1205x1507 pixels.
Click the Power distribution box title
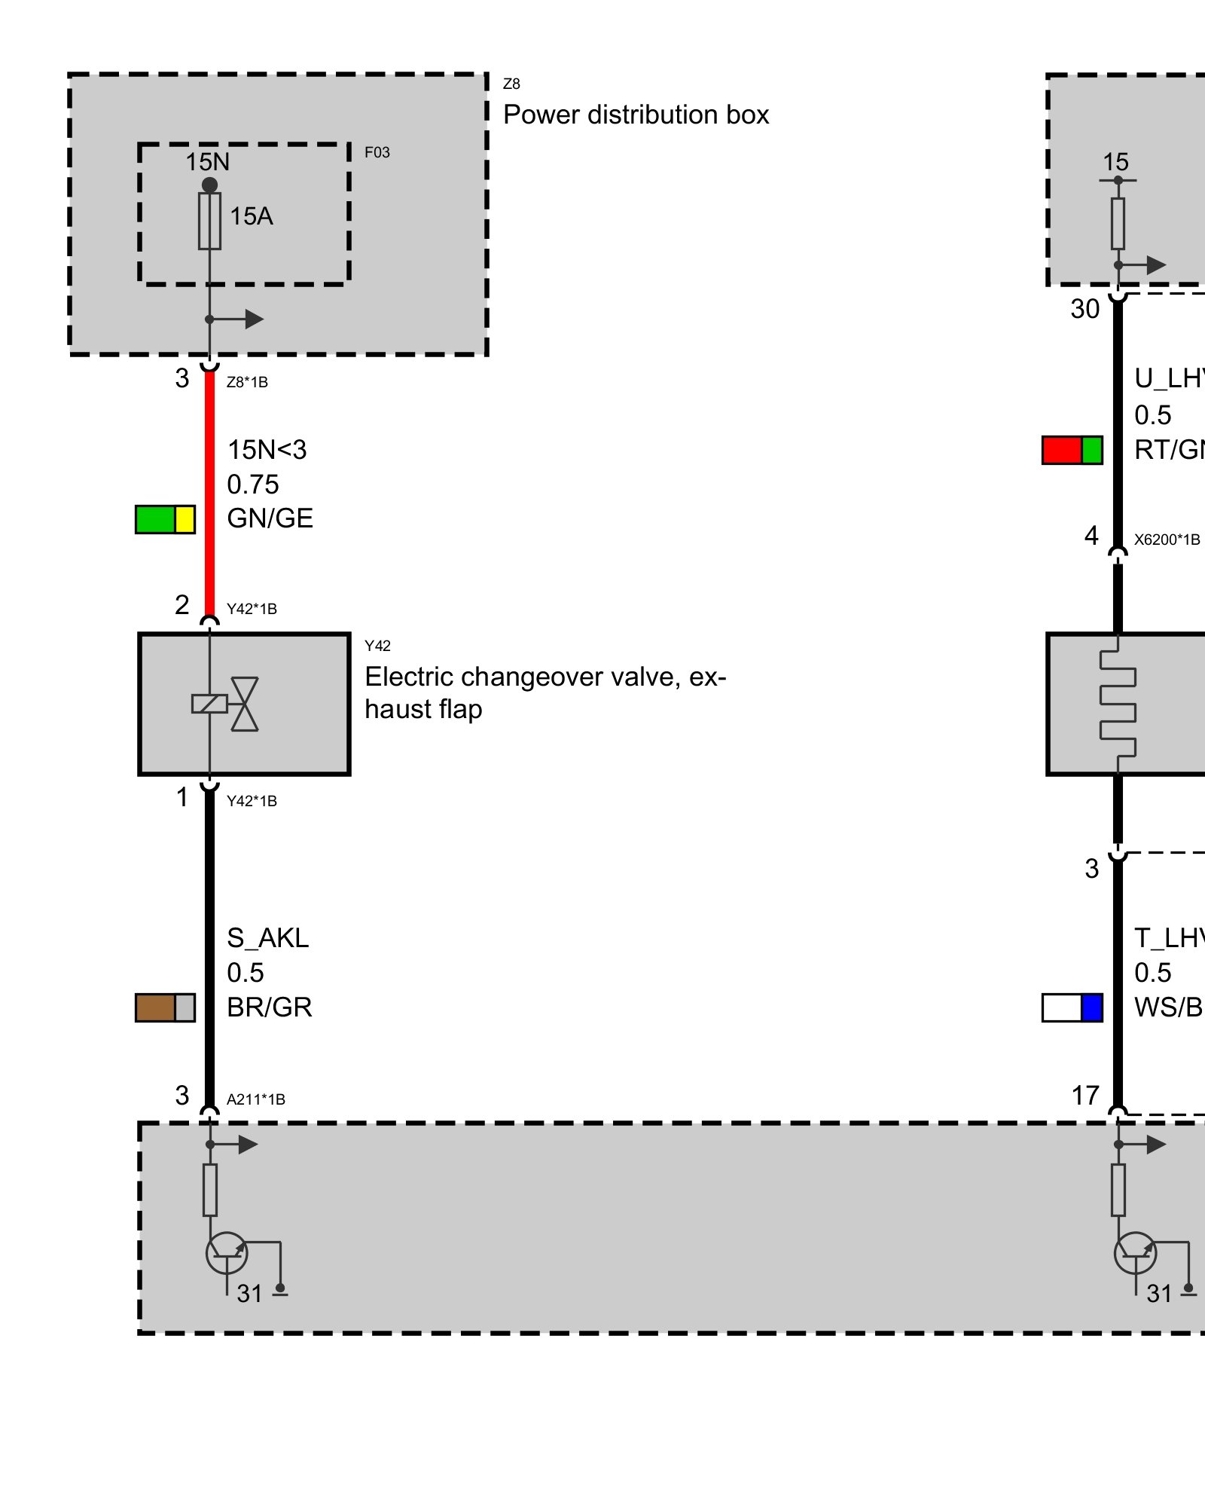(636, 115)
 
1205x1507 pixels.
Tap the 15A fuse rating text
(251, 216)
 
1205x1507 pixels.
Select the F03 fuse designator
(377, 152)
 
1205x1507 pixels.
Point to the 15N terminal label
(207, 162)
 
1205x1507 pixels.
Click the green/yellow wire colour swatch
(165, 519)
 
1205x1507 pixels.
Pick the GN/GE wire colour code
(270, 518)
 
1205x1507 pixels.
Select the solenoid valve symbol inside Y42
(226, 704)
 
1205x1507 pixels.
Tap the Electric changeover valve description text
(545, 692)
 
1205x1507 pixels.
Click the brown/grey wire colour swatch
(165, 1007)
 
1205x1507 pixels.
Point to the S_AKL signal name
(267, 938)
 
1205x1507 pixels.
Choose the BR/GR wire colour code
(269, 1007)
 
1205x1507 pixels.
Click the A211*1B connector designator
(256, 1099)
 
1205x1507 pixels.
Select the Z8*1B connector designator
(247, 382)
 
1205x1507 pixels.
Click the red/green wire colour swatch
(1072, 450)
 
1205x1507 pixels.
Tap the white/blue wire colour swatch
(1072, 1007)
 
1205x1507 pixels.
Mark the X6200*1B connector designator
(1167, 540)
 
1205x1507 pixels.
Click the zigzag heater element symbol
(1118, 704)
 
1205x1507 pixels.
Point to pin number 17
(1085, 1096)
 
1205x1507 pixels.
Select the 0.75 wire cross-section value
(253, 485)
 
